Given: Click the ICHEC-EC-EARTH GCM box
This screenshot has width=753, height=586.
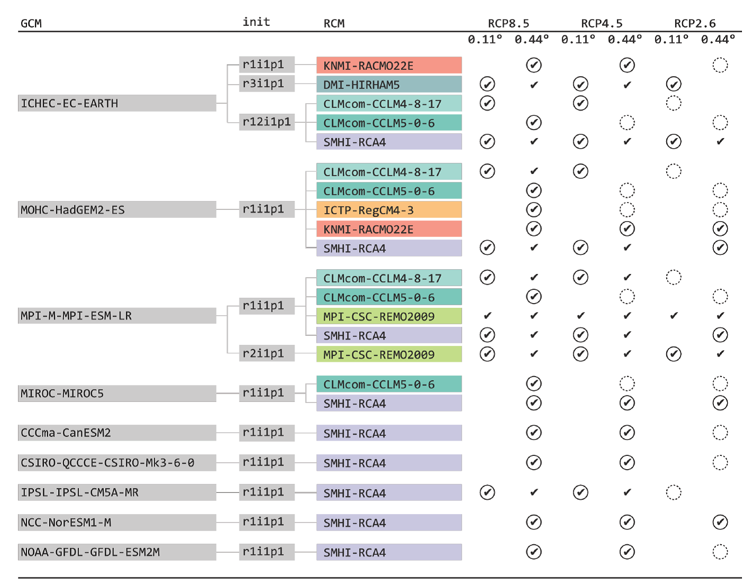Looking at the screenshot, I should pos(117,103).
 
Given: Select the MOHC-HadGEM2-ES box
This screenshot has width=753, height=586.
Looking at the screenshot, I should pos(117,209).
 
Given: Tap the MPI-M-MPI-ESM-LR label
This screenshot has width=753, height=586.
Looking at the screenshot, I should pos(117,316).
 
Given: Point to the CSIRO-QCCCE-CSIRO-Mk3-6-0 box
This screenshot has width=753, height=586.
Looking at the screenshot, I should pos(117,463).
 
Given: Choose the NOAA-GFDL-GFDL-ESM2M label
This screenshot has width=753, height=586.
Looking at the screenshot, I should pos(117,552).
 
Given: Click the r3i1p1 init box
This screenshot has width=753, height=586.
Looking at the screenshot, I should pos(267,84).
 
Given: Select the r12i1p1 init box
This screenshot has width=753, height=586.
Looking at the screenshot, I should pos(267,122).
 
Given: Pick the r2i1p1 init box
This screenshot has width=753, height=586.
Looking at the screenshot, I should pos(267,353).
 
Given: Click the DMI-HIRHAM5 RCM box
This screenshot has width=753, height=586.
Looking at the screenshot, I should pos(389,85).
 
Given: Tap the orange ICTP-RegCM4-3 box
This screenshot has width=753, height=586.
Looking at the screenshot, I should pos(389,210).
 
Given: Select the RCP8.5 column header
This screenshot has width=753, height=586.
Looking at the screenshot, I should pos(508,23).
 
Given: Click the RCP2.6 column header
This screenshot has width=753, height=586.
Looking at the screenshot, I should pos(695,23).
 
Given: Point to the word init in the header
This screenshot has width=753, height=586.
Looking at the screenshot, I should pos(256,22).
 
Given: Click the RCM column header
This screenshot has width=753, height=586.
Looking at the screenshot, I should pos(334,23).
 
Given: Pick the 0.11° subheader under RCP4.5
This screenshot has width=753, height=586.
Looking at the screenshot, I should pos(578,39).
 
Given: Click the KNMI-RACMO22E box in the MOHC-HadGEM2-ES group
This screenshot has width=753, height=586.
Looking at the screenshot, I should pos(389,229).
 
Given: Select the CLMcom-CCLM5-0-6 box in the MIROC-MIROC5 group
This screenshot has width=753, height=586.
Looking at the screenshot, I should pos(389,384).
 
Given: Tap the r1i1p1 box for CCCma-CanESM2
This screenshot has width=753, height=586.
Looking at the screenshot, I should pos(267,433).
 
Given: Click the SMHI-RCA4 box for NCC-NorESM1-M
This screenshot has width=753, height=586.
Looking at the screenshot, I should pos(389,523).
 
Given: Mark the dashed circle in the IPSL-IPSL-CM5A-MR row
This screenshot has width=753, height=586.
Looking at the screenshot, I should pos(673,492).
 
